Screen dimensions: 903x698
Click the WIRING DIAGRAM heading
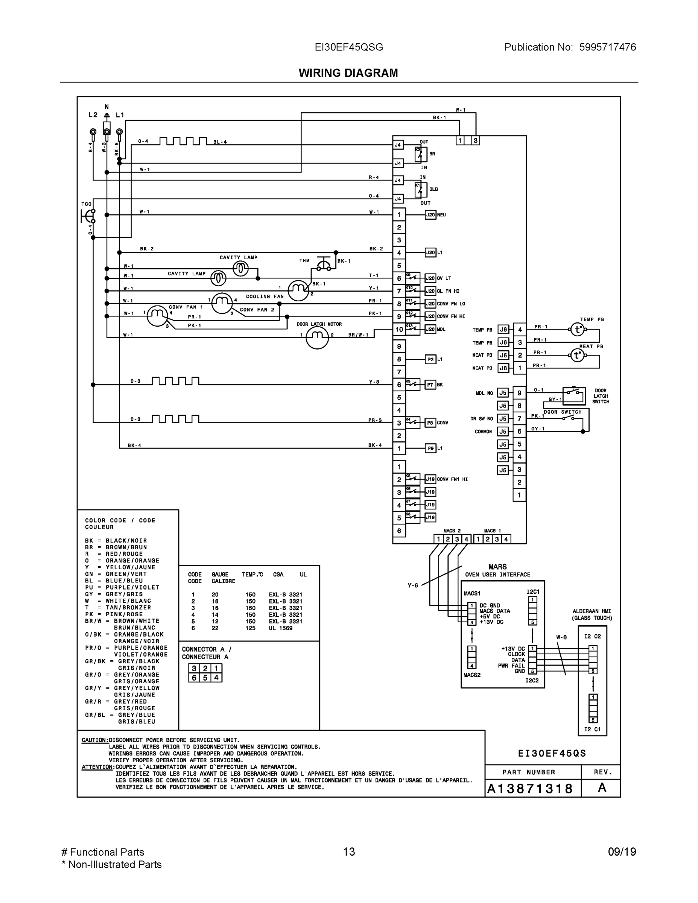tap(348, 73)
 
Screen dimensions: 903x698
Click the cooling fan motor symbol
tap(298, 290)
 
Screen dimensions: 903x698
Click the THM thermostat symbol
tap(324, 265)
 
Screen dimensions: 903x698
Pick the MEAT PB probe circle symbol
tap(577, 355)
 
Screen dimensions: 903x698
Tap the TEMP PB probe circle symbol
tap(577, 330)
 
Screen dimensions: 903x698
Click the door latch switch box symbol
tap(574, 396)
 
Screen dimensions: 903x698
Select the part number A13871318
tap(530, 789)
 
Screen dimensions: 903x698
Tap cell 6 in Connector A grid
tap(194, 678)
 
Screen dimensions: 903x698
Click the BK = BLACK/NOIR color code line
tap(116, 541)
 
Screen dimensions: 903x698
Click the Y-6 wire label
tap(413, 585)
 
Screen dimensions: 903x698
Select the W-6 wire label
tap(561, 637)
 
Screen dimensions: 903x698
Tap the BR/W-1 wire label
tap(358, 335)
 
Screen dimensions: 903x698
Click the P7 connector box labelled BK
tap(430, 385)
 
